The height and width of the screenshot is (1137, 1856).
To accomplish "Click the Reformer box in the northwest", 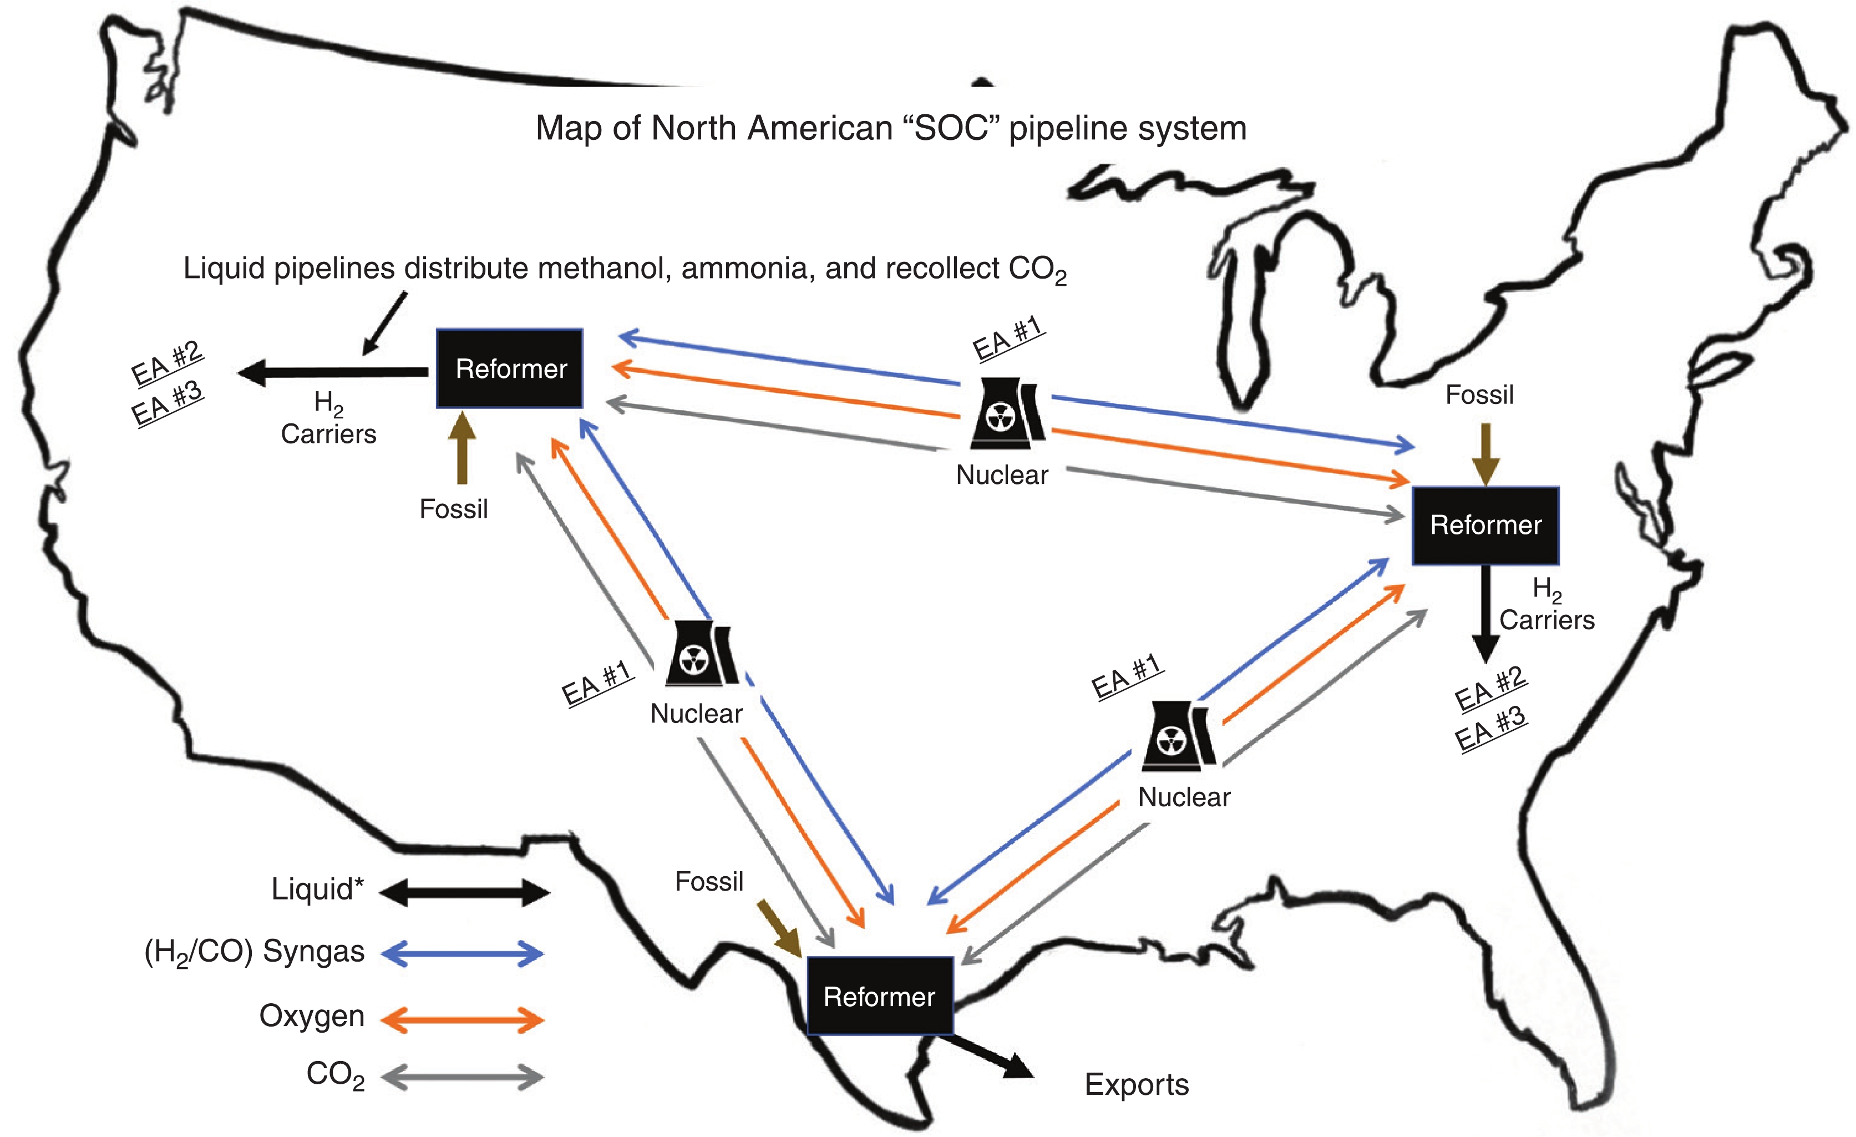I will coord(510,368).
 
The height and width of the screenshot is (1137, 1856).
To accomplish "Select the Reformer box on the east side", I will coord(1485,525).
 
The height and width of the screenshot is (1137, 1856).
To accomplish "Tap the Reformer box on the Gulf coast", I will coord(880,996).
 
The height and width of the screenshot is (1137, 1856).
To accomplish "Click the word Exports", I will coord(1137,1084).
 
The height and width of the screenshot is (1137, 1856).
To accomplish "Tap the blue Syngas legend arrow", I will coord(463,954).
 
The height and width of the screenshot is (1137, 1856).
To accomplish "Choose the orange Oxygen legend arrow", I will coord(463,1020).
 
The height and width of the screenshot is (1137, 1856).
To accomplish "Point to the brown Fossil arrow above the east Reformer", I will coord(1486,453).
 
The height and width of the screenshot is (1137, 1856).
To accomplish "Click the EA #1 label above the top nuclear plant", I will coord(1007,339).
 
